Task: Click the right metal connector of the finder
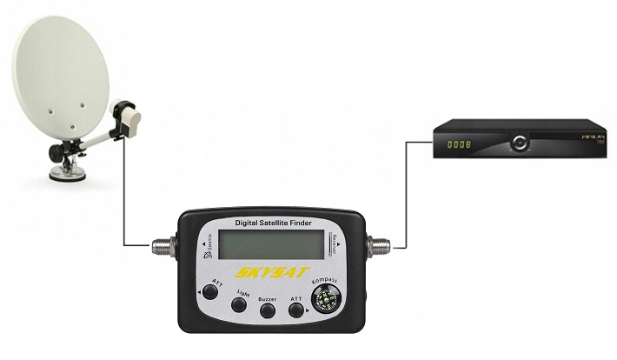pyautogui.click(x=379, y=244)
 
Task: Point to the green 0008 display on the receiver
pyautogui.click(x=459, y=143)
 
